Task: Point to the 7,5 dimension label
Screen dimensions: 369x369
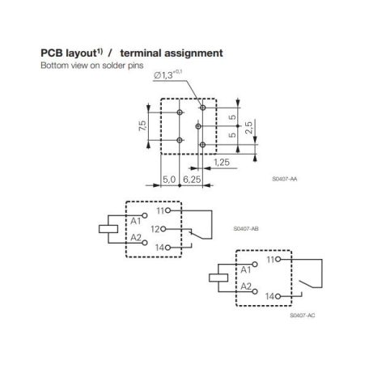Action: coord(142,125)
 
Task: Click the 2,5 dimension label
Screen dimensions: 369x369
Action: coord(249,128)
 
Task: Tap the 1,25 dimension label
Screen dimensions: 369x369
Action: coord(222,163)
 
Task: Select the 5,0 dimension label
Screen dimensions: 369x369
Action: coord(169,180)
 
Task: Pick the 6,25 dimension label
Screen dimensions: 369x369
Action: coord(192,180)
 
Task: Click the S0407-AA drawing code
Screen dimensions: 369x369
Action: coord(285,179)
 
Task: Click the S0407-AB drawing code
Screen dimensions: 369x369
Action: coord(246,229)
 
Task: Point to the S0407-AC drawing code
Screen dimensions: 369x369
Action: coord(303,316)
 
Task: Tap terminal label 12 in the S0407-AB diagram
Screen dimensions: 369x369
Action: coord(155,229)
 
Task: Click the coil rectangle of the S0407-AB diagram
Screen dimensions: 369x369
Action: coord(108,229)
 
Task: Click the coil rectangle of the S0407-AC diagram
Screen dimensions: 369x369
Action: coord(218,278)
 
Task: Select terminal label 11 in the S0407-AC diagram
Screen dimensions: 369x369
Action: coord(270,260)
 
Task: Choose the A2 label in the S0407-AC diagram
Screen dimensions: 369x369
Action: coord(246,286)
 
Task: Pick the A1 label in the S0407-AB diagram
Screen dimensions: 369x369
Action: coord(136,221)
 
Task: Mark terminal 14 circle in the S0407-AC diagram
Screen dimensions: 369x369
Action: coord(278,296)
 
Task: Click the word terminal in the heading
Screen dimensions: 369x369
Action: coord(141,53)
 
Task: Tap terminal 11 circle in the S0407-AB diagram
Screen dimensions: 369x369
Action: coord(168,210)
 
